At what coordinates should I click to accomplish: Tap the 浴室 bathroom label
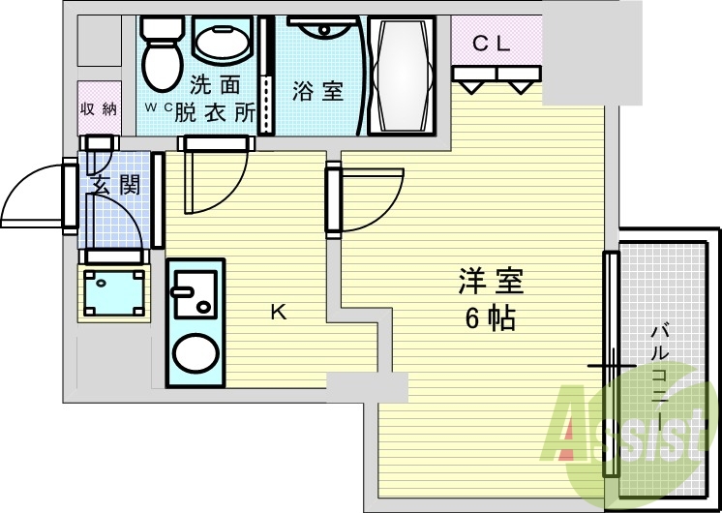[318, 92]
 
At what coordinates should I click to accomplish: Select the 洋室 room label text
[491, 282]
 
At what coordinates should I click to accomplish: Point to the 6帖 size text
[490, 317]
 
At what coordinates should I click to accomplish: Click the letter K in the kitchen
[278, 312]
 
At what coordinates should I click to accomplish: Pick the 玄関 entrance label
[114, 185]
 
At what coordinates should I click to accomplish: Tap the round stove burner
[195, 353]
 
